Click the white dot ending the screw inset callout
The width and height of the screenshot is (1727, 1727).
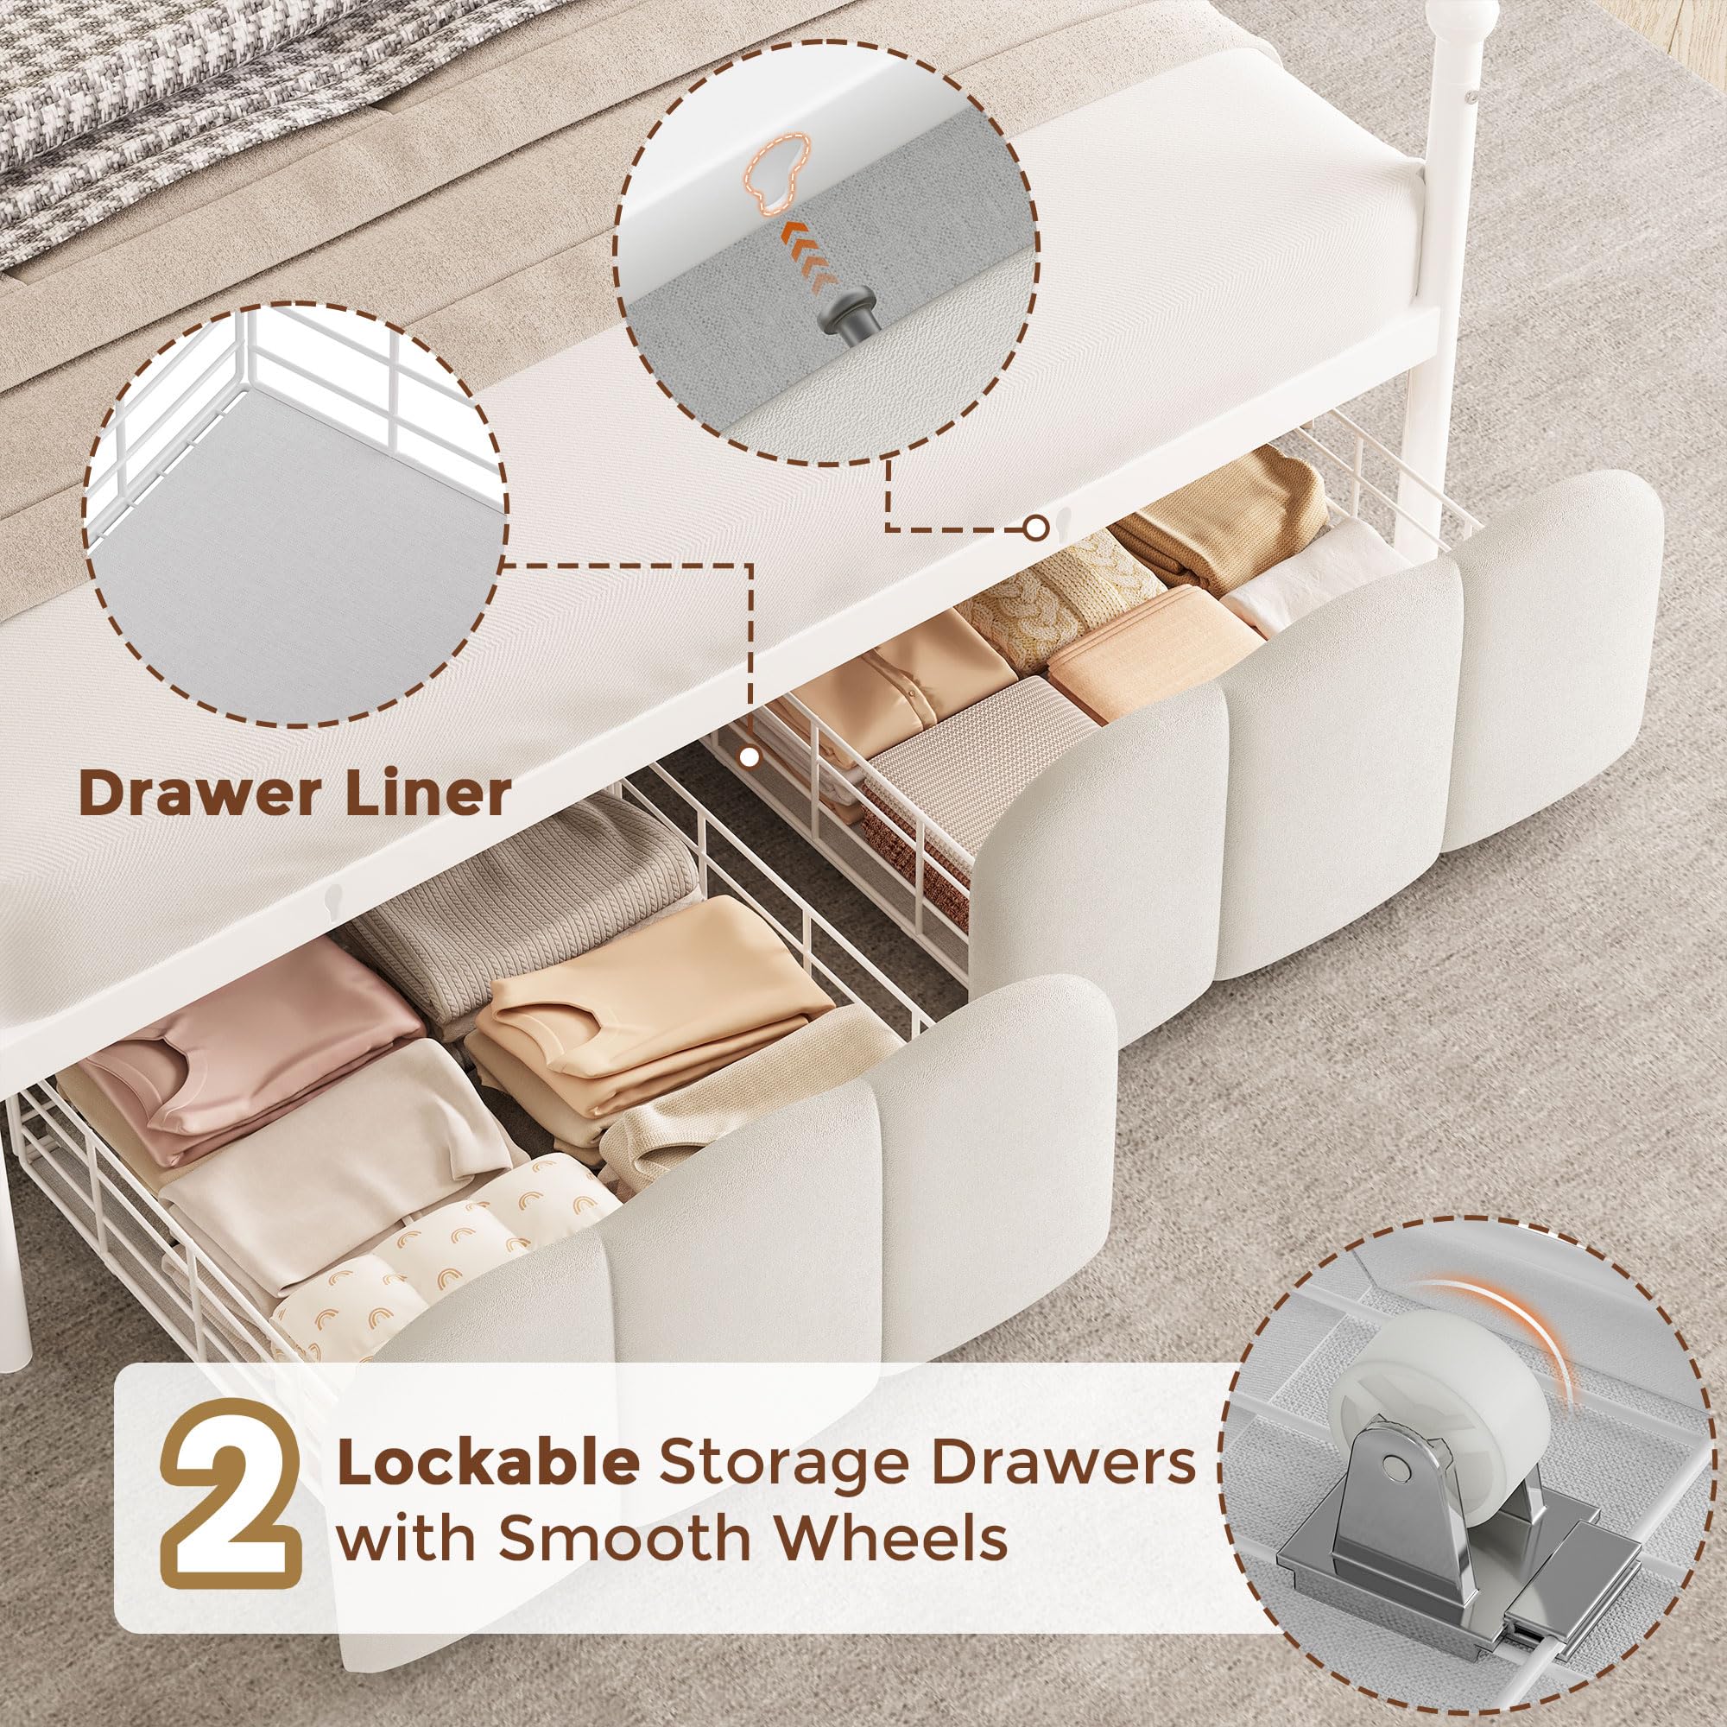click(x=1035, y=529)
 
